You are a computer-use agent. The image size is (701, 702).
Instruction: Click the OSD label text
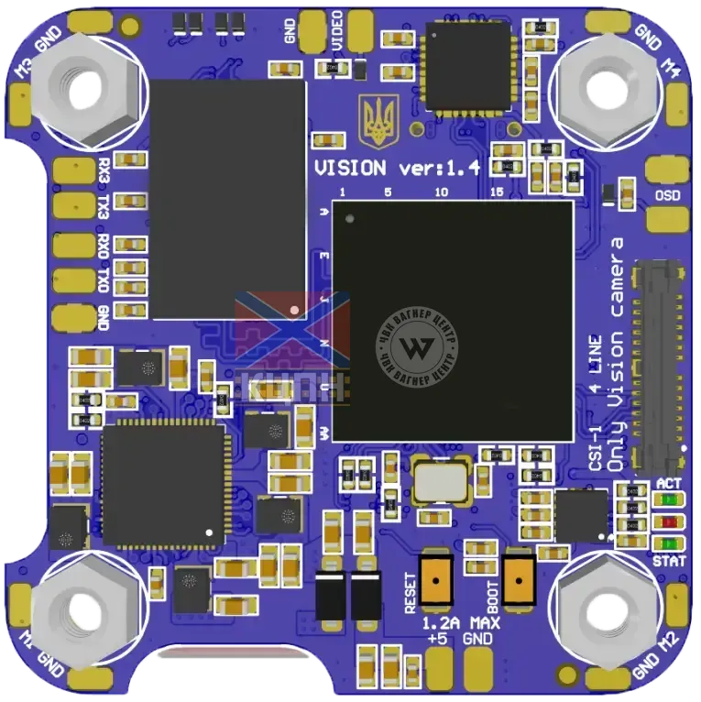668,194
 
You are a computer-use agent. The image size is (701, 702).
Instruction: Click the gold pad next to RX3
72,170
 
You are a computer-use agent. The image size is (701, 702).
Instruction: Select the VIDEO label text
338,29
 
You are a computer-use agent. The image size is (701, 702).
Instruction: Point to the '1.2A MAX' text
461,623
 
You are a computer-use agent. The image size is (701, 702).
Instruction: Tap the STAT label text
668,559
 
